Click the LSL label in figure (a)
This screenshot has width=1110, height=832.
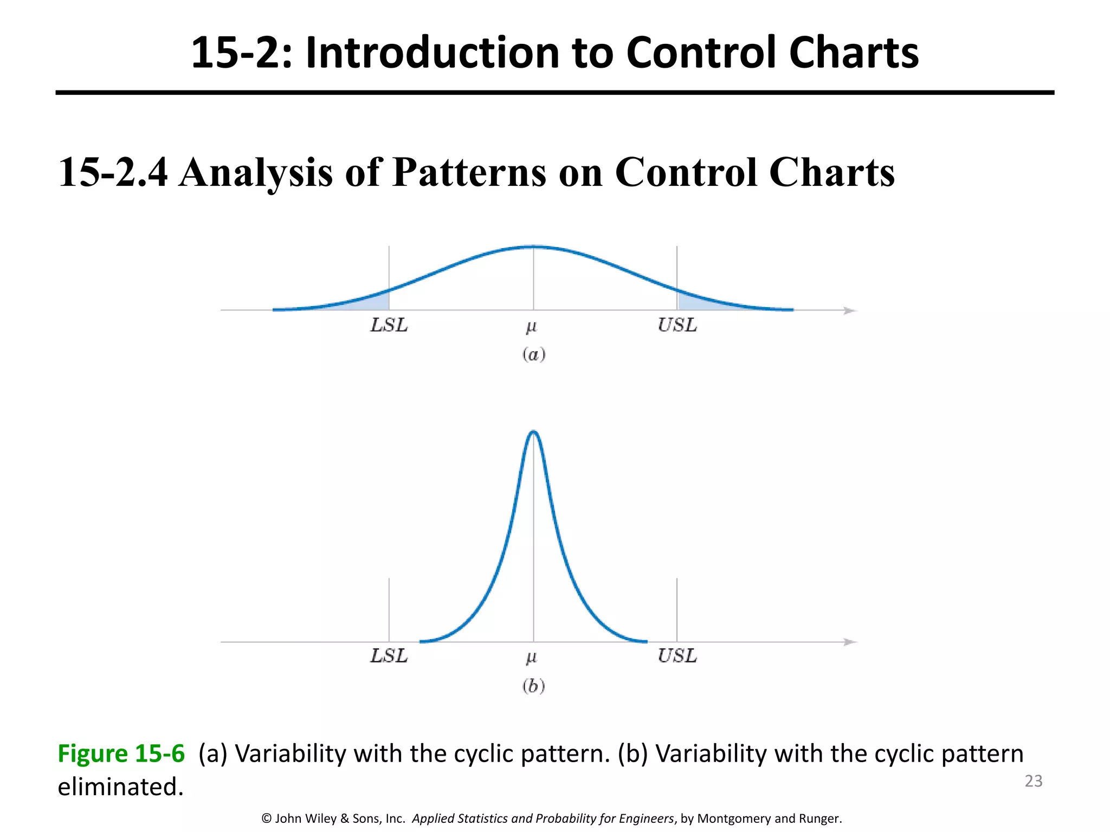click(389, 325)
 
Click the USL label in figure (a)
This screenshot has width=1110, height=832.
click(677, 325)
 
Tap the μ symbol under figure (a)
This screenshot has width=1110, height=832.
click(531, 327)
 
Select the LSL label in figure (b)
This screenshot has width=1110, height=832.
click(389, 656)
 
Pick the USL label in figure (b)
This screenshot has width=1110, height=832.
click(677, 656)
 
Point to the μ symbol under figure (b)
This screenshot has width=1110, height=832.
click(531, 658)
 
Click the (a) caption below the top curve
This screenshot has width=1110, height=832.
click(533, 354)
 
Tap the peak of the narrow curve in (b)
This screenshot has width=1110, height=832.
click(533, 432)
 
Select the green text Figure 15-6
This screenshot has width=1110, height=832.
click(121, 753)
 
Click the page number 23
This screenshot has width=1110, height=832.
click(1033, 781)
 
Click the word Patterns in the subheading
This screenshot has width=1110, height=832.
click(469, 172)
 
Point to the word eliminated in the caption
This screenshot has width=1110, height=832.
click(120, 786)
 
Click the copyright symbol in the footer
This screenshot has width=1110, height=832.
click(266, 818)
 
